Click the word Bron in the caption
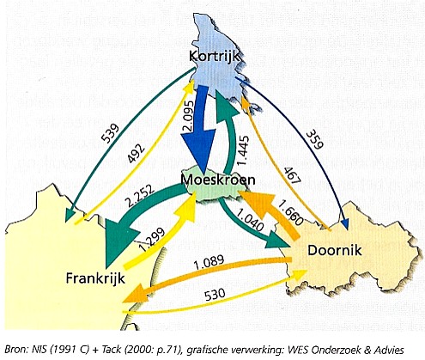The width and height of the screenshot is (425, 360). (18, 345)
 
